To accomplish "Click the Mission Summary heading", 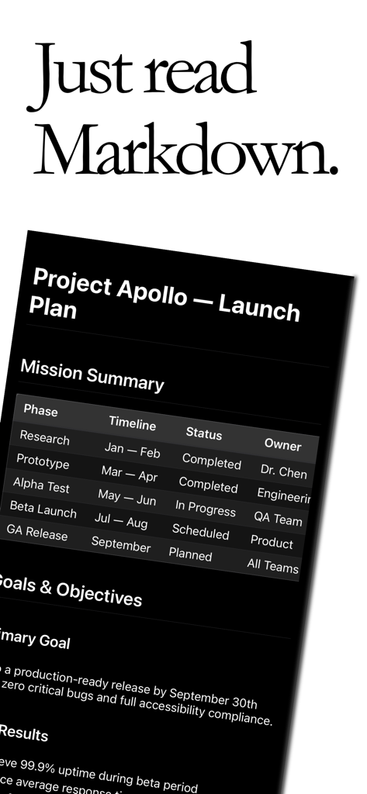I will tap(92, 375).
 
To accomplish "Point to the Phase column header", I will tap(40, 410).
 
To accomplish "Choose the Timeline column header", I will tap(132, 423).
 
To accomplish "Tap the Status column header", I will tap(203, 433).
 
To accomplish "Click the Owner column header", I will tap(282, 445).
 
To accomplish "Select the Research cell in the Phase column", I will tap(44, 438).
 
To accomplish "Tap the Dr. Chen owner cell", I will tap(282, 472).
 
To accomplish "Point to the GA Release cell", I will tap(36, 534).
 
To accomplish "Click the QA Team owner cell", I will tap(278, 519).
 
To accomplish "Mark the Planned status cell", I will tap(190, 554).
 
